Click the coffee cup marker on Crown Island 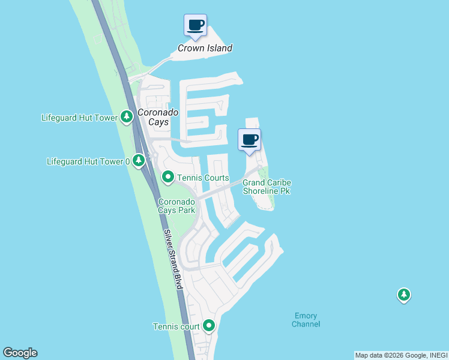[195, 25]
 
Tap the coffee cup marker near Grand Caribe [249, 140]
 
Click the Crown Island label [205, 48]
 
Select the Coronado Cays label [153, 116]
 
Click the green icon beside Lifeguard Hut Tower [126, 117]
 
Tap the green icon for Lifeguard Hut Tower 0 [139, 161]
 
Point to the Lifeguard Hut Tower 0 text [88, 161]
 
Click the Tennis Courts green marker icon [168, 177]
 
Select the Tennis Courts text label [202, 178]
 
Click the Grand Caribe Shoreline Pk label [266, 187]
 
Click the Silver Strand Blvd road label [172, 260]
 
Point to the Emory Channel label [306, 320]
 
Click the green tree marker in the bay [404, 295]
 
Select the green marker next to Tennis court [209, 326]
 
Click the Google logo [20, 353]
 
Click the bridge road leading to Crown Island [159, 64]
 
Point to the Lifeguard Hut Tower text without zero [79, 118]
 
